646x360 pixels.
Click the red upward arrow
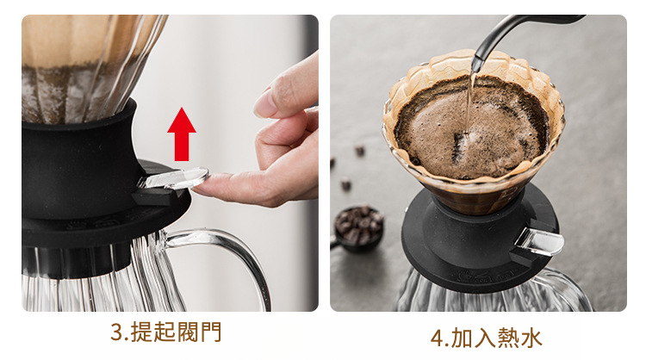182,133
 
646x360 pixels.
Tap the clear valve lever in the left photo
174,179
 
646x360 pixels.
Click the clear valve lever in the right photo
539,241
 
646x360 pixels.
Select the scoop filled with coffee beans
357,229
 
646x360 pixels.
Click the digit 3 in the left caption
117,332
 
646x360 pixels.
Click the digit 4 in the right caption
437,338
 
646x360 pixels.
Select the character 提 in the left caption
141,332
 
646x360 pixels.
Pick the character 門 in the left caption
210,332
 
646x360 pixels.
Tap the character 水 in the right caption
531,338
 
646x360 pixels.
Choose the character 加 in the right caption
462,338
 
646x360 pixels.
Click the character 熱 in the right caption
508,338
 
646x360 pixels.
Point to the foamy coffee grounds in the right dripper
471,127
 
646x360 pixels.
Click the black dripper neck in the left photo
79,164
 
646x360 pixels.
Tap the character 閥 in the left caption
188,332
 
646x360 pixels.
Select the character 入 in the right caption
485,338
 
